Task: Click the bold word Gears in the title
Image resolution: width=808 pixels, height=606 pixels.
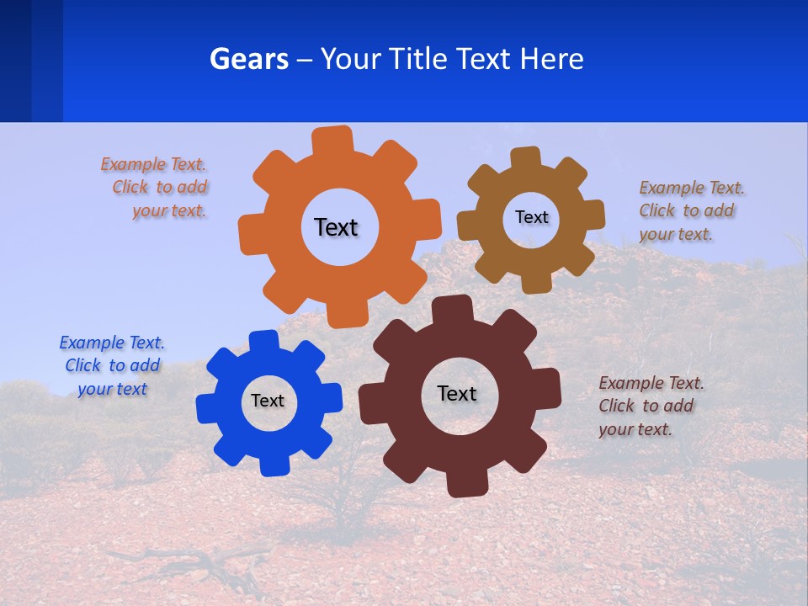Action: click(x=248, y=59)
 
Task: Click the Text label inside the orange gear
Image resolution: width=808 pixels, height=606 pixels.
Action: click(x=336, y=227)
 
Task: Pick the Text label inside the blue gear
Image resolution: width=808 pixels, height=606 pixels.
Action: click(x=268, y=401)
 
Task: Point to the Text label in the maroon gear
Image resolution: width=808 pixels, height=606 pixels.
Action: click(x=457, y=393)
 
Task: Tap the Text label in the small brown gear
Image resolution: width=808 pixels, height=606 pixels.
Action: click(x=531, y=217)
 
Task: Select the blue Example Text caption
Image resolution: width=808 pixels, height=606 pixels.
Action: click(x=113, y=365)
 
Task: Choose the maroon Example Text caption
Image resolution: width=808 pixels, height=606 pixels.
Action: click(x=650, y=406)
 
